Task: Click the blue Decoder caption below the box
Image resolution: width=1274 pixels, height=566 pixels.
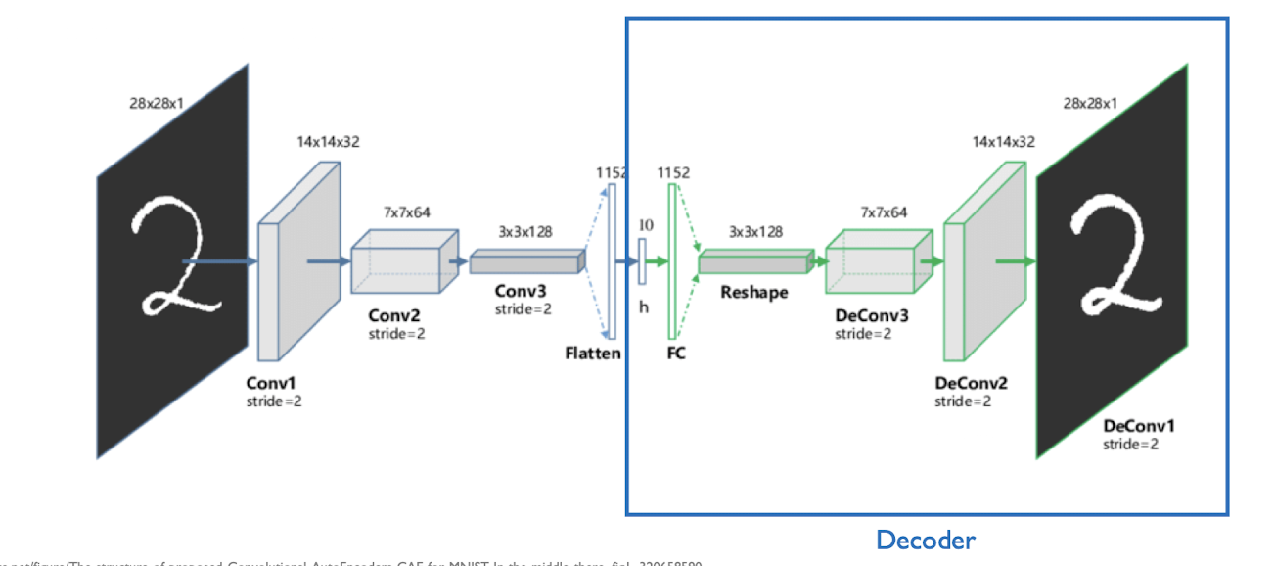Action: [926, 540]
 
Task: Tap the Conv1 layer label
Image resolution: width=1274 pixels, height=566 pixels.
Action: [269, 384]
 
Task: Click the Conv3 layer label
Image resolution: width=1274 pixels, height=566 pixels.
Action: [521, 291]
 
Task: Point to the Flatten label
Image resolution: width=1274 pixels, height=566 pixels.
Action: [592, 354]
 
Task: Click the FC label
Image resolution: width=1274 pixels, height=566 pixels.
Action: [676, 354]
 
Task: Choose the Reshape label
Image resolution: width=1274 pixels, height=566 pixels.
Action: [753, 292]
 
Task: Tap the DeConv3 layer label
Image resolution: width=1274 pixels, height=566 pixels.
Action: [872, 316]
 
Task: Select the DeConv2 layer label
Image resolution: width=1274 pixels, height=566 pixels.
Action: [971, 384]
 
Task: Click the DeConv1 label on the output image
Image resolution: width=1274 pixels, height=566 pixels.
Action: [1139, 426]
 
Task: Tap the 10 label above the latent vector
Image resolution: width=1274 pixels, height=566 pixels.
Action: [645, 224]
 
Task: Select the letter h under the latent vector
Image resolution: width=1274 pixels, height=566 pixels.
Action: [644, 307]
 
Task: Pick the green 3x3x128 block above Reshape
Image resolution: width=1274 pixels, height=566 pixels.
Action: [755, 261]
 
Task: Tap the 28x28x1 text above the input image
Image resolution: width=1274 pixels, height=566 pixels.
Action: [157, 103]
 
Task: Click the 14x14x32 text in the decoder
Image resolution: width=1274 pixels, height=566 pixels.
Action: [1003, 141]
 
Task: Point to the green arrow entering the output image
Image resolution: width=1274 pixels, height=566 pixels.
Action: [1015, 261]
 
